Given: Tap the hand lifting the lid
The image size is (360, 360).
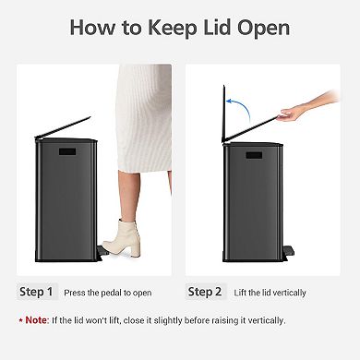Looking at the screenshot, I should pos(294,114).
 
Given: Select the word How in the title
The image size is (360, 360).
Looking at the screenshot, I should pos(94,28).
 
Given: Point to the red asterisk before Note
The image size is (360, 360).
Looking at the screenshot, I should pos(20,319).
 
